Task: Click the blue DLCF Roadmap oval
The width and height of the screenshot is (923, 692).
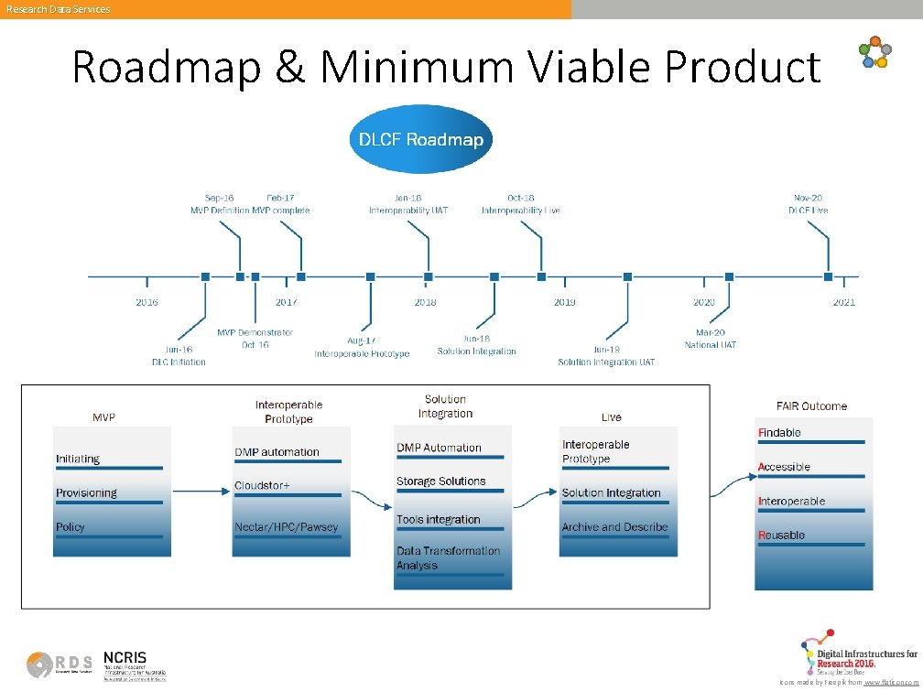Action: (x=421, y=140)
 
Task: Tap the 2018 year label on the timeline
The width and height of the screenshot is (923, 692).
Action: (x=425, y=302)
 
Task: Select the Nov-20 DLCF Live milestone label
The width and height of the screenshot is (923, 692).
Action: (x=808, y=203)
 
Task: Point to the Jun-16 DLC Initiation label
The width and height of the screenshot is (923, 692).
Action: (x=179, y=355)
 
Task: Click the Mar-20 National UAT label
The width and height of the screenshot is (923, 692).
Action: (x=710, y=339)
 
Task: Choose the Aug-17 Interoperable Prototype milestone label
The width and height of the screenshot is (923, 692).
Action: (x=362, y=347)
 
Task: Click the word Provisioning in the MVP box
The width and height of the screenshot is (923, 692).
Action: (x=86, y=492)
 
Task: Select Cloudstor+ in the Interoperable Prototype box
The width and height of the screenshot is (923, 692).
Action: (x=262, y=485)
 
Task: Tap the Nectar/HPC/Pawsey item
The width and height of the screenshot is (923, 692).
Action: (x=286, y=526)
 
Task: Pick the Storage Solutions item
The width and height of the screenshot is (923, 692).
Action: (x=440, y=481)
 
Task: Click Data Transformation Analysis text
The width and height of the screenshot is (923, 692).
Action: (x=448, y=557)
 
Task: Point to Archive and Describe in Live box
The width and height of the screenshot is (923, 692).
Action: (x=614, y=526)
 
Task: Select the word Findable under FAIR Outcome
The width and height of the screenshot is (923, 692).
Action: (x=779, y=432)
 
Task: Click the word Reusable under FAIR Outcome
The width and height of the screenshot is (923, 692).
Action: (x=781, y=535)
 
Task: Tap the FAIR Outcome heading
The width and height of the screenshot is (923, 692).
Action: (x=811, y=405)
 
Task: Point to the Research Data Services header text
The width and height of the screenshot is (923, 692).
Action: (x=58, y=9)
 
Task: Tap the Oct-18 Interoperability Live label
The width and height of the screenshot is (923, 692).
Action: (x=520, y=203)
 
